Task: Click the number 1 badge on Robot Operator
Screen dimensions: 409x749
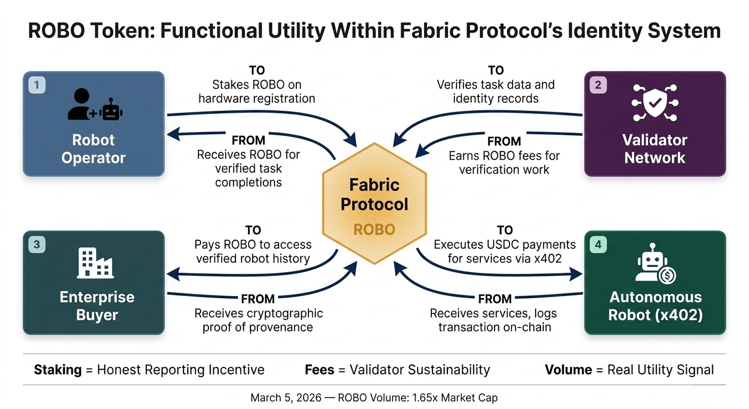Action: tap(37, 85)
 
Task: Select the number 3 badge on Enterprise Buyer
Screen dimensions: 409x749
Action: tap(37, 245)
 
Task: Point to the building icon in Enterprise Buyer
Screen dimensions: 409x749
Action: tap(95, 264)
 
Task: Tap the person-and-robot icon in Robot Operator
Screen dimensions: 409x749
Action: tap(95, 105)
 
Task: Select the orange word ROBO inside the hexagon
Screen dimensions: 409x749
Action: tap(374, 230)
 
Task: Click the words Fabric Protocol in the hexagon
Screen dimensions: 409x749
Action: tap(374, 194)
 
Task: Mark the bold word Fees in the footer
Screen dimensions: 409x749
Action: tap(319, 370)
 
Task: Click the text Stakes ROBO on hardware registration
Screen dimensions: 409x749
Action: tap(256, 92)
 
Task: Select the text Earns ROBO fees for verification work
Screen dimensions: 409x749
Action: tap(504, 163)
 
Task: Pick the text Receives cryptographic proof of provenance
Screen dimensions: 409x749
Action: tap(258, 320)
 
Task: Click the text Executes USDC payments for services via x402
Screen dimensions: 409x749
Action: tap(504, 251)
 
